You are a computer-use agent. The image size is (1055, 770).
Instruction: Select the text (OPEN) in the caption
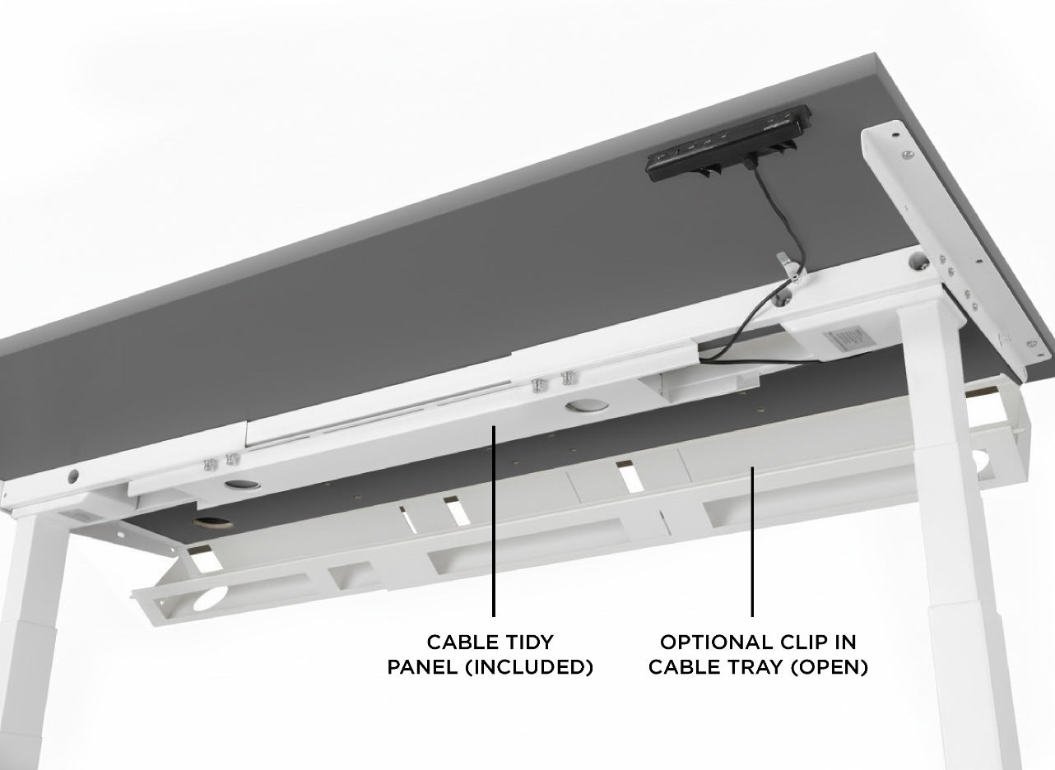coord(827,667)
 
